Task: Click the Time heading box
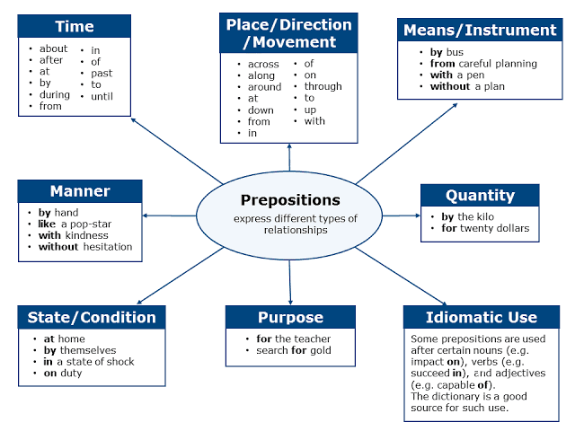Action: [x=75, y=27]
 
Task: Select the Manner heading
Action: [x=80, y=191]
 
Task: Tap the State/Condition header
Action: [x=91, y=317]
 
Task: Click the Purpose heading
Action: [x=290, y=317]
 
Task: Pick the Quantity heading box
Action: [x=480, y=196]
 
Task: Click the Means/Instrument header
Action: [x=480, y=30]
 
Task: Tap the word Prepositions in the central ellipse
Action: [x=290, y=199]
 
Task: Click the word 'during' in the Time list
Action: [x=54, y=94]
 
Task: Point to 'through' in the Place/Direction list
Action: [x=323, y=87]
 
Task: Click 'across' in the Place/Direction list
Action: [x=264, y=64]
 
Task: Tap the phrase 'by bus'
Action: [x=447, y=52]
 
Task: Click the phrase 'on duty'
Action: [x=63, y=374]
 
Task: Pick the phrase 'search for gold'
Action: [x=287, y=350]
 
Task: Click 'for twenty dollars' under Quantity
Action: [x=485, y=228]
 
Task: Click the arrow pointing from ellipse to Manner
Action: [x=171, y=215]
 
